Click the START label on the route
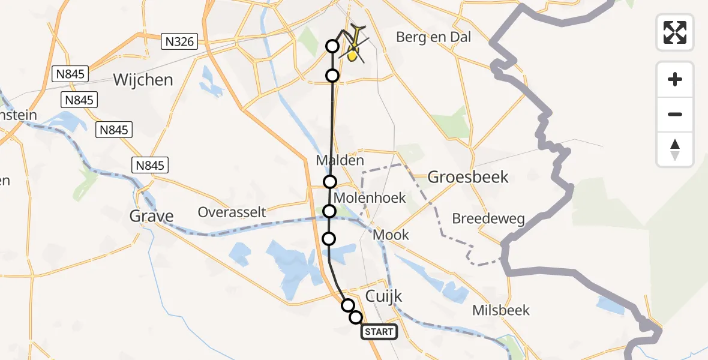(x=379, y=332)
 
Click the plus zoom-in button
(x=675, y=79)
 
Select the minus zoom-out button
(x=675, y=114)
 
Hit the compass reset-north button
(x=675, y=149)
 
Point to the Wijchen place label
(x=143, y=80)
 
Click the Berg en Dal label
(x=433, y=37)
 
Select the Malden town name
(x=340, y=161)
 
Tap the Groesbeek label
(x=468, y=177)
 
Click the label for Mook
(x=391, y=235)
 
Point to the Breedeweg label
(x=488, y=219)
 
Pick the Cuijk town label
(x=384, y=296)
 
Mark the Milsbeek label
(x=501, y=310)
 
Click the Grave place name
(x=152, y=216)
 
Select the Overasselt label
(x=232, y=212)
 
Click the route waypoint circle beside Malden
(x=330, y=182)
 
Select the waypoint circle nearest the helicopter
(x=332, y=46)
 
